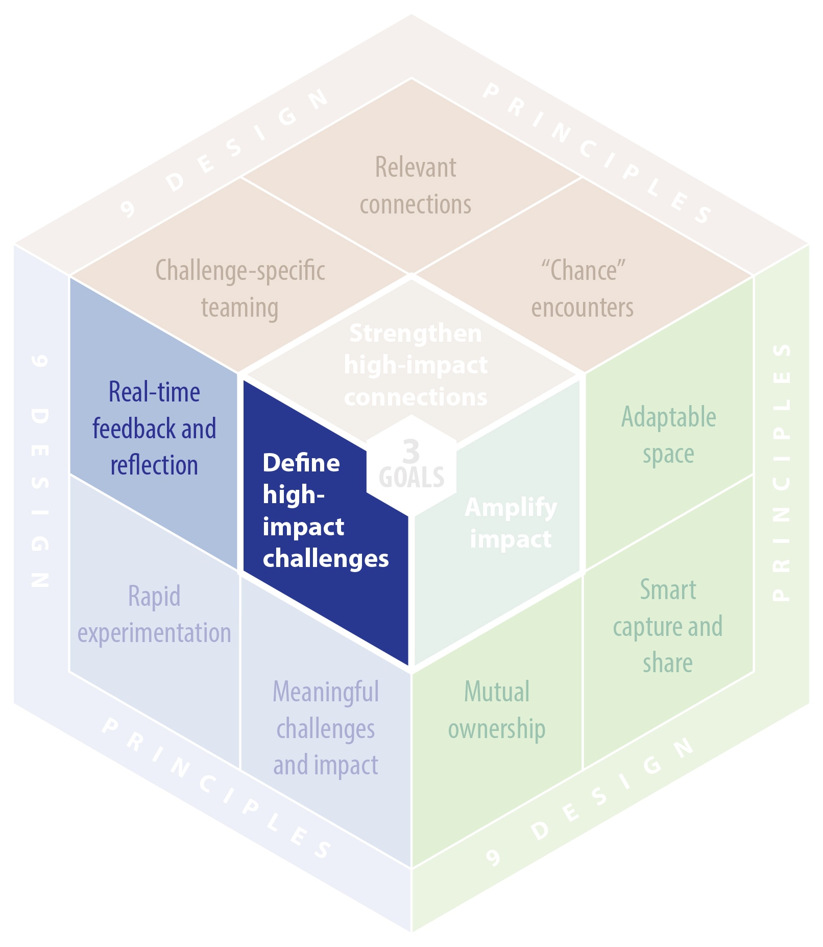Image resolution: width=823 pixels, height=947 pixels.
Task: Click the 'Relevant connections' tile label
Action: click(x=415, y=186)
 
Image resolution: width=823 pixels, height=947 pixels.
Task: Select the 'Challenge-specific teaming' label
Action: click(x=240, y=289)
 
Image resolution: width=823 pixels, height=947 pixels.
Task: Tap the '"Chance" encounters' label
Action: click(x=583, y=289)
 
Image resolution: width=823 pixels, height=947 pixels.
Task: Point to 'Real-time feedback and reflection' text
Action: click(x=154, y=429)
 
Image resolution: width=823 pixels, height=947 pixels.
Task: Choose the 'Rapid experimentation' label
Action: click(x=154, y=614)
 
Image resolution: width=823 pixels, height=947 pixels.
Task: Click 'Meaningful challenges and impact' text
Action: click(x=326, y=728)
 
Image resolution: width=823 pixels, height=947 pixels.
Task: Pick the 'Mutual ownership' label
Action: click(x=497, y=710)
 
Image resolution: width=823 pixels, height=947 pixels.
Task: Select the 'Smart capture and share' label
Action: click(x=668, y=626)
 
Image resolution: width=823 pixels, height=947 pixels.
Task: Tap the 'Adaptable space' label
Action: click(x=668, y=435)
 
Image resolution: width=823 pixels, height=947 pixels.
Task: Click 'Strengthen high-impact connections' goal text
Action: click(x=415, y=365)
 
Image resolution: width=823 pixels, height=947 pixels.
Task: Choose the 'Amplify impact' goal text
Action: click(x=511, y=523)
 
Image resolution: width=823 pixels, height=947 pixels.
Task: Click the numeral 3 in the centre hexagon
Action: click(x=411, y=451)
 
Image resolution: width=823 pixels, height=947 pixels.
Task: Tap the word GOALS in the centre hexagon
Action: click(x=411, y=478)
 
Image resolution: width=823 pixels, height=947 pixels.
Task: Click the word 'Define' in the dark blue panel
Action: click(x=301, y=463)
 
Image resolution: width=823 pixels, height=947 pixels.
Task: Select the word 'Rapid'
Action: click(x=154, y=596)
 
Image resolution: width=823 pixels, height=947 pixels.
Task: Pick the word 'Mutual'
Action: click(x=497, y=692)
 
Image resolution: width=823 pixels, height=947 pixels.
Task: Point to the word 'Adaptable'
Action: click(x=668, y=417)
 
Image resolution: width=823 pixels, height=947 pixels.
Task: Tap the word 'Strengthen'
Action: click(x=415, y=333)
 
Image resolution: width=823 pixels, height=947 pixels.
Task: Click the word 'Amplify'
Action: click(x=511, y=508)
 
